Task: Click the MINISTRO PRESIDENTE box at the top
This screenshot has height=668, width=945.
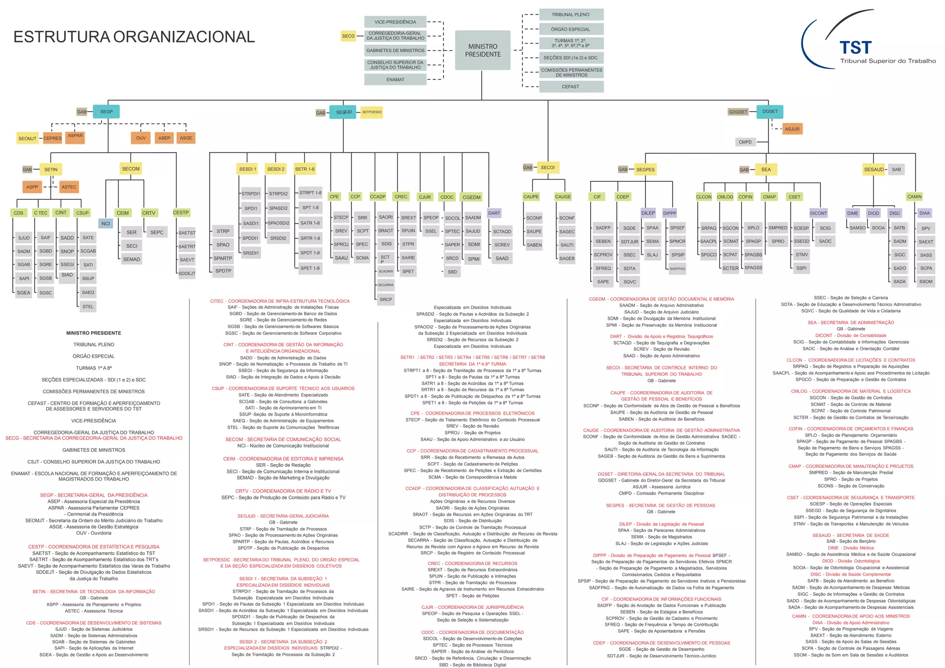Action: click(x=483, y=50)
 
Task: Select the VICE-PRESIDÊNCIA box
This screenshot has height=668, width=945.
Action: click(x=395, y=22)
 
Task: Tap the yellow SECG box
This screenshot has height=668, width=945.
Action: click(x=348, y=36)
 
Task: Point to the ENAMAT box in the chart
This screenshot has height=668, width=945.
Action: click(x=395, y=79)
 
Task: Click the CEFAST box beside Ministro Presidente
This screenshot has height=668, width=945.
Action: click(x=570, y=87)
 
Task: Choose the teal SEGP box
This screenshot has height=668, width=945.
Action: click(x=106, y=112)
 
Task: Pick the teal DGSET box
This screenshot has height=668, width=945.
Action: click(x=770, y=111)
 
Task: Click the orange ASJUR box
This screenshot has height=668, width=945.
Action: click(x=792, y=129)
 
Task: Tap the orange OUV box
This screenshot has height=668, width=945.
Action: click(x=141, y=138)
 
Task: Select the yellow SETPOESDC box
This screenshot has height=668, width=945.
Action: click(x=371, y=112)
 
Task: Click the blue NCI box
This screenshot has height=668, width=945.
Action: click(x=106, y=224)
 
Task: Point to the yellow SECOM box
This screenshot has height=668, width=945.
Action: click(x=131, y=169)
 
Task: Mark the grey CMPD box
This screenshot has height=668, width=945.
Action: click(x=745, y=142)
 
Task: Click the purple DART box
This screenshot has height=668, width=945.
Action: click(x=494, y=213)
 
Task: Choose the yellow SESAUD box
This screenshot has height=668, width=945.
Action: click(x=873, y=169)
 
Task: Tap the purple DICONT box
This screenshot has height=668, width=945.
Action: click(x=819, y=213)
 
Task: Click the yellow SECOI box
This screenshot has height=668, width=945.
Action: click(x=548, y=167)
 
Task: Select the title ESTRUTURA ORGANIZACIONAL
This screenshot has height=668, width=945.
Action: click(x=134, y=36)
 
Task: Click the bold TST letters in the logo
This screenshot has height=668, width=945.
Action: click(x=855, y=48)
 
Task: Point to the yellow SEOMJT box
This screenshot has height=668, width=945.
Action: click(x=27, y=138)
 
